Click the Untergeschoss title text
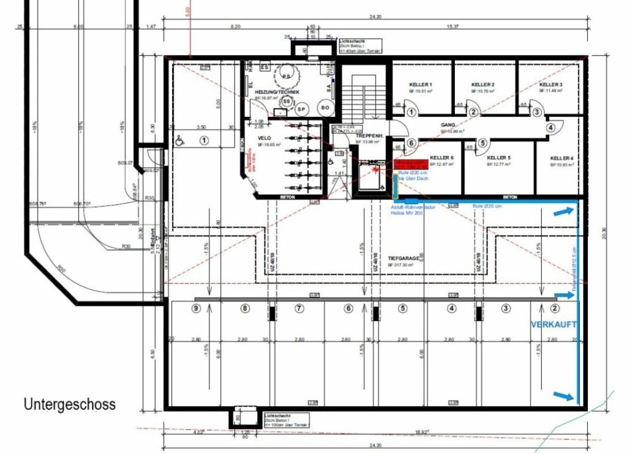(69, 404)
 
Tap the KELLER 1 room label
(421, 84)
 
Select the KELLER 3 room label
(551, 84)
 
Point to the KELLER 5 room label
(498, 157)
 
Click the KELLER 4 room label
(561, 158)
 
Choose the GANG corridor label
(448, 124)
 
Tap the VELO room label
(265, 138)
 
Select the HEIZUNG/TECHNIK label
(277, 92)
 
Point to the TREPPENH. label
(369, 135)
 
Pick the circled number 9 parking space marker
(196, 308)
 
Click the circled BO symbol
(325, 109)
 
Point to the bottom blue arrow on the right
(565, 396)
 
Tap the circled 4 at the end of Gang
(550, 128)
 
